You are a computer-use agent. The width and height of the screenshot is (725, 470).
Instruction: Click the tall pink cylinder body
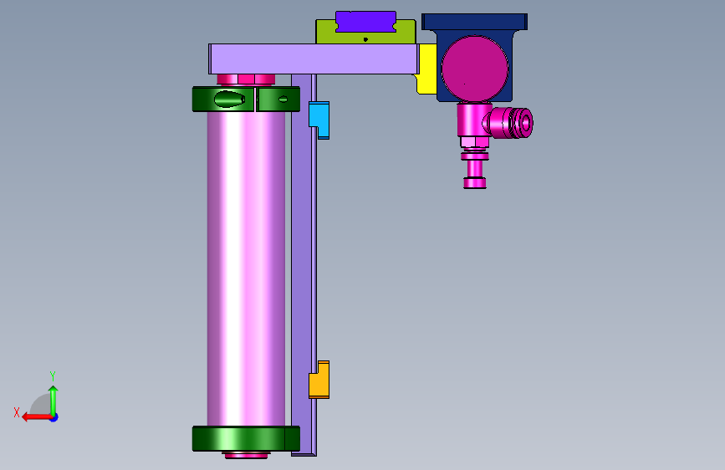click(x=246, y=268)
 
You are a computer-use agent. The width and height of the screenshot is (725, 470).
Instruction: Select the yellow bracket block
click(x=427, y=69)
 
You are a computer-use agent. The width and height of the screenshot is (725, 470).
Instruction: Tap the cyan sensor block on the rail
click(x=319, y=120)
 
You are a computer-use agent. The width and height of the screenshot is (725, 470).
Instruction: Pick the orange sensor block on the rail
click(x=319, y=380)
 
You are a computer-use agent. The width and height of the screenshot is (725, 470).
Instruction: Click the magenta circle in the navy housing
click(x=475, y=69)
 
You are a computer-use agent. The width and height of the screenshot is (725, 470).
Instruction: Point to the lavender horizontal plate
click(x=314, y=59)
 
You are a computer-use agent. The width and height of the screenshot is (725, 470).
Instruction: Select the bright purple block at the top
click(x=365, y=22)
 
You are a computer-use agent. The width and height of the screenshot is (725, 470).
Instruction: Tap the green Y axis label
click(x=53, y=375)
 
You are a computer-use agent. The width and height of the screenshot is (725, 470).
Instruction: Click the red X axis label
click(x=17, y=412)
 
